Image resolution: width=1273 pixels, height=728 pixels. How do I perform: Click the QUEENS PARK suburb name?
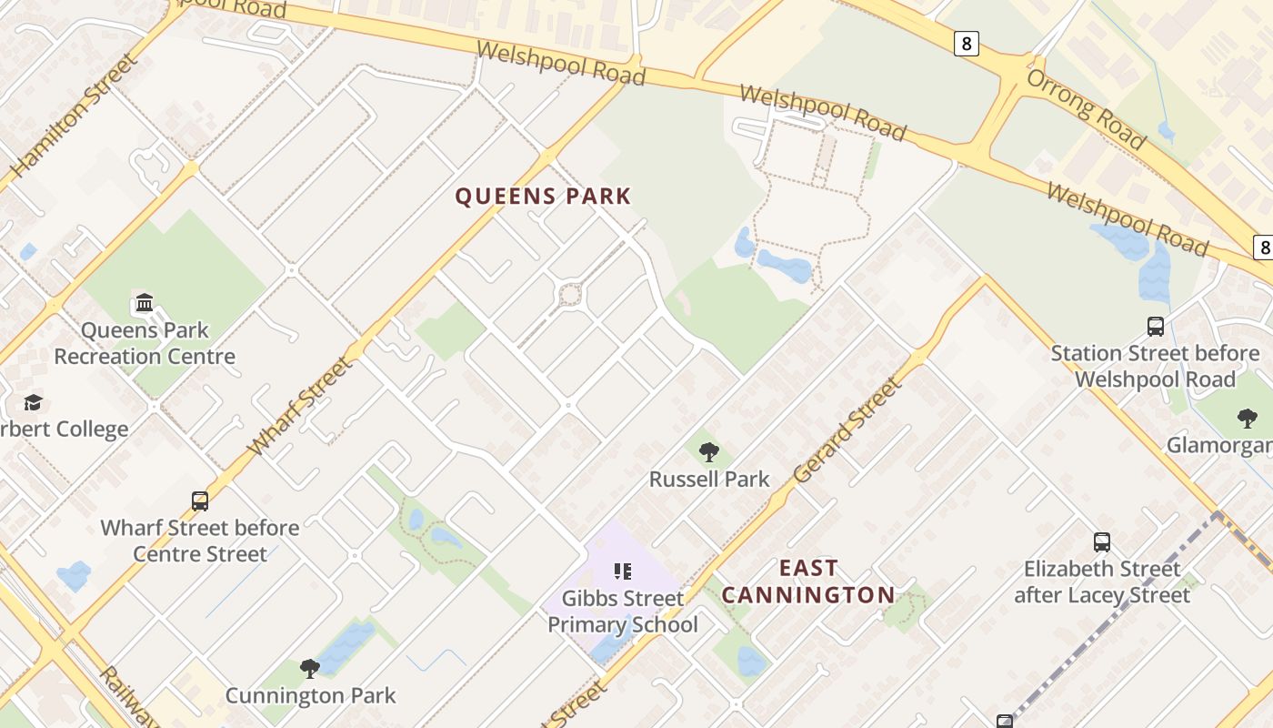pos(543,197)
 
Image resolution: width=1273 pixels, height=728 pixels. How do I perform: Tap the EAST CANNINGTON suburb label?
pos(808,581)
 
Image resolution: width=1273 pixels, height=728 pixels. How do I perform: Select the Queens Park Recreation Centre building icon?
pos(144,302)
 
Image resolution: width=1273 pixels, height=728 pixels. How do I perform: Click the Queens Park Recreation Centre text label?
pos(144,343)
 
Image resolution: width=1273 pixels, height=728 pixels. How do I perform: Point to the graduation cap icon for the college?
pos(34,402)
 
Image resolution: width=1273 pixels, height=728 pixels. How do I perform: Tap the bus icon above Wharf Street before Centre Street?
pos(200,500)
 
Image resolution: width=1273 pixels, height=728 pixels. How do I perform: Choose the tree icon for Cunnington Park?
pos(310,669)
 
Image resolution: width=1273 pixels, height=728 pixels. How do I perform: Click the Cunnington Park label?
pos(310,696)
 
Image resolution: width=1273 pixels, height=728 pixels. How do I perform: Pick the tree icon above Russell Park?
pos(709,451)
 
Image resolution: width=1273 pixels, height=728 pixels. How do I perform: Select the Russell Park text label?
pos(709,479)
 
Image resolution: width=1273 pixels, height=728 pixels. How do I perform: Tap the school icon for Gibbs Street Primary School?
pos(623,571)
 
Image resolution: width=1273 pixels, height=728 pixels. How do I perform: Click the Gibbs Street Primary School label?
pos(623,612)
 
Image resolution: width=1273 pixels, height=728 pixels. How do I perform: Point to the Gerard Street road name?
pos(848,430)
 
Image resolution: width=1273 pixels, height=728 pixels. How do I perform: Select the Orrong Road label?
pos(1086,108)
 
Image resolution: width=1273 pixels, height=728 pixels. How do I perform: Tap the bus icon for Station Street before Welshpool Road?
pos(1156,326)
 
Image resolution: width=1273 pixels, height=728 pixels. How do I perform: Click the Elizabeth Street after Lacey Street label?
pos(1102,582)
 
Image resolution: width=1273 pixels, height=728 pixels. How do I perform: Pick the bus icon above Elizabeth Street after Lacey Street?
pos(1102,542)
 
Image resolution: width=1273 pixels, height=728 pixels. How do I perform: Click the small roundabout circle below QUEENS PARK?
pos(570,295)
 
